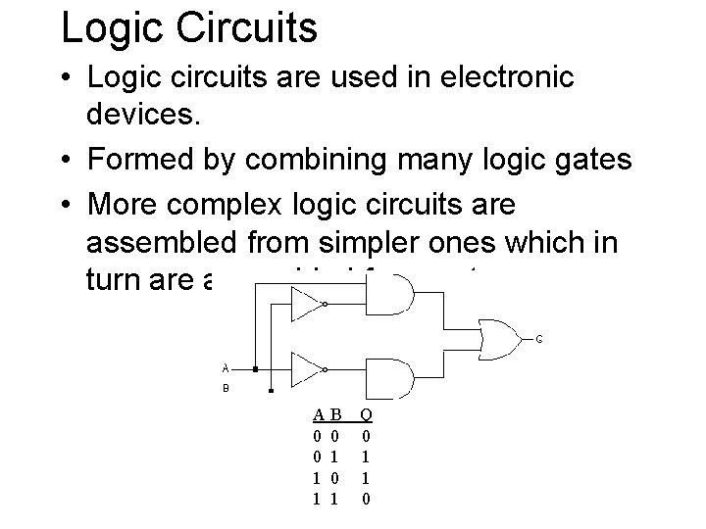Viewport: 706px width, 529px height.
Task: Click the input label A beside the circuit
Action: point(226,369)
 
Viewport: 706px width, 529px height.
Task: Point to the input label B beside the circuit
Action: point(226,387)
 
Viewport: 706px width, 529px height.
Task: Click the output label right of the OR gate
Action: point(539,339)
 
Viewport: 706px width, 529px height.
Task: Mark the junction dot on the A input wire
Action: point(254,370)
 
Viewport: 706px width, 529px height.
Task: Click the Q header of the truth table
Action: point(366,415)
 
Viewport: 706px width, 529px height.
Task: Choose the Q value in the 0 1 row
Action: point(366,456)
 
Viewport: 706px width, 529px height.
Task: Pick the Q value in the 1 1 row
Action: point(366,499)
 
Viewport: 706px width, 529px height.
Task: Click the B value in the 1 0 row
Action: point(335,477)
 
